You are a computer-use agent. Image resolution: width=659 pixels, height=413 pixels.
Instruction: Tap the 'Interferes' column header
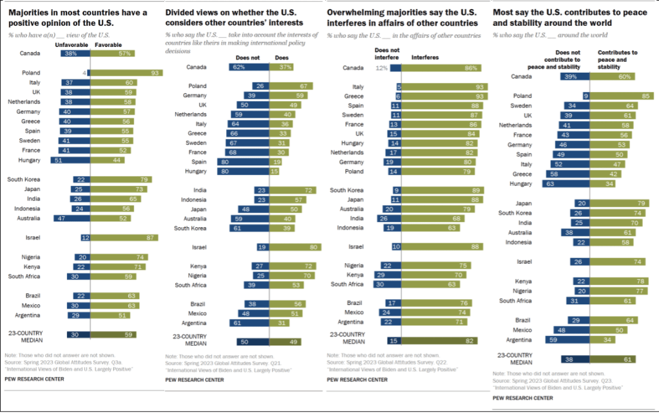point(425,57)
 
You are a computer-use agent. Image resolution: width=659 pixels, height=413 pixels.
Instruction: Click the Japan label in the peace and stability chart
point(522,203)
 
